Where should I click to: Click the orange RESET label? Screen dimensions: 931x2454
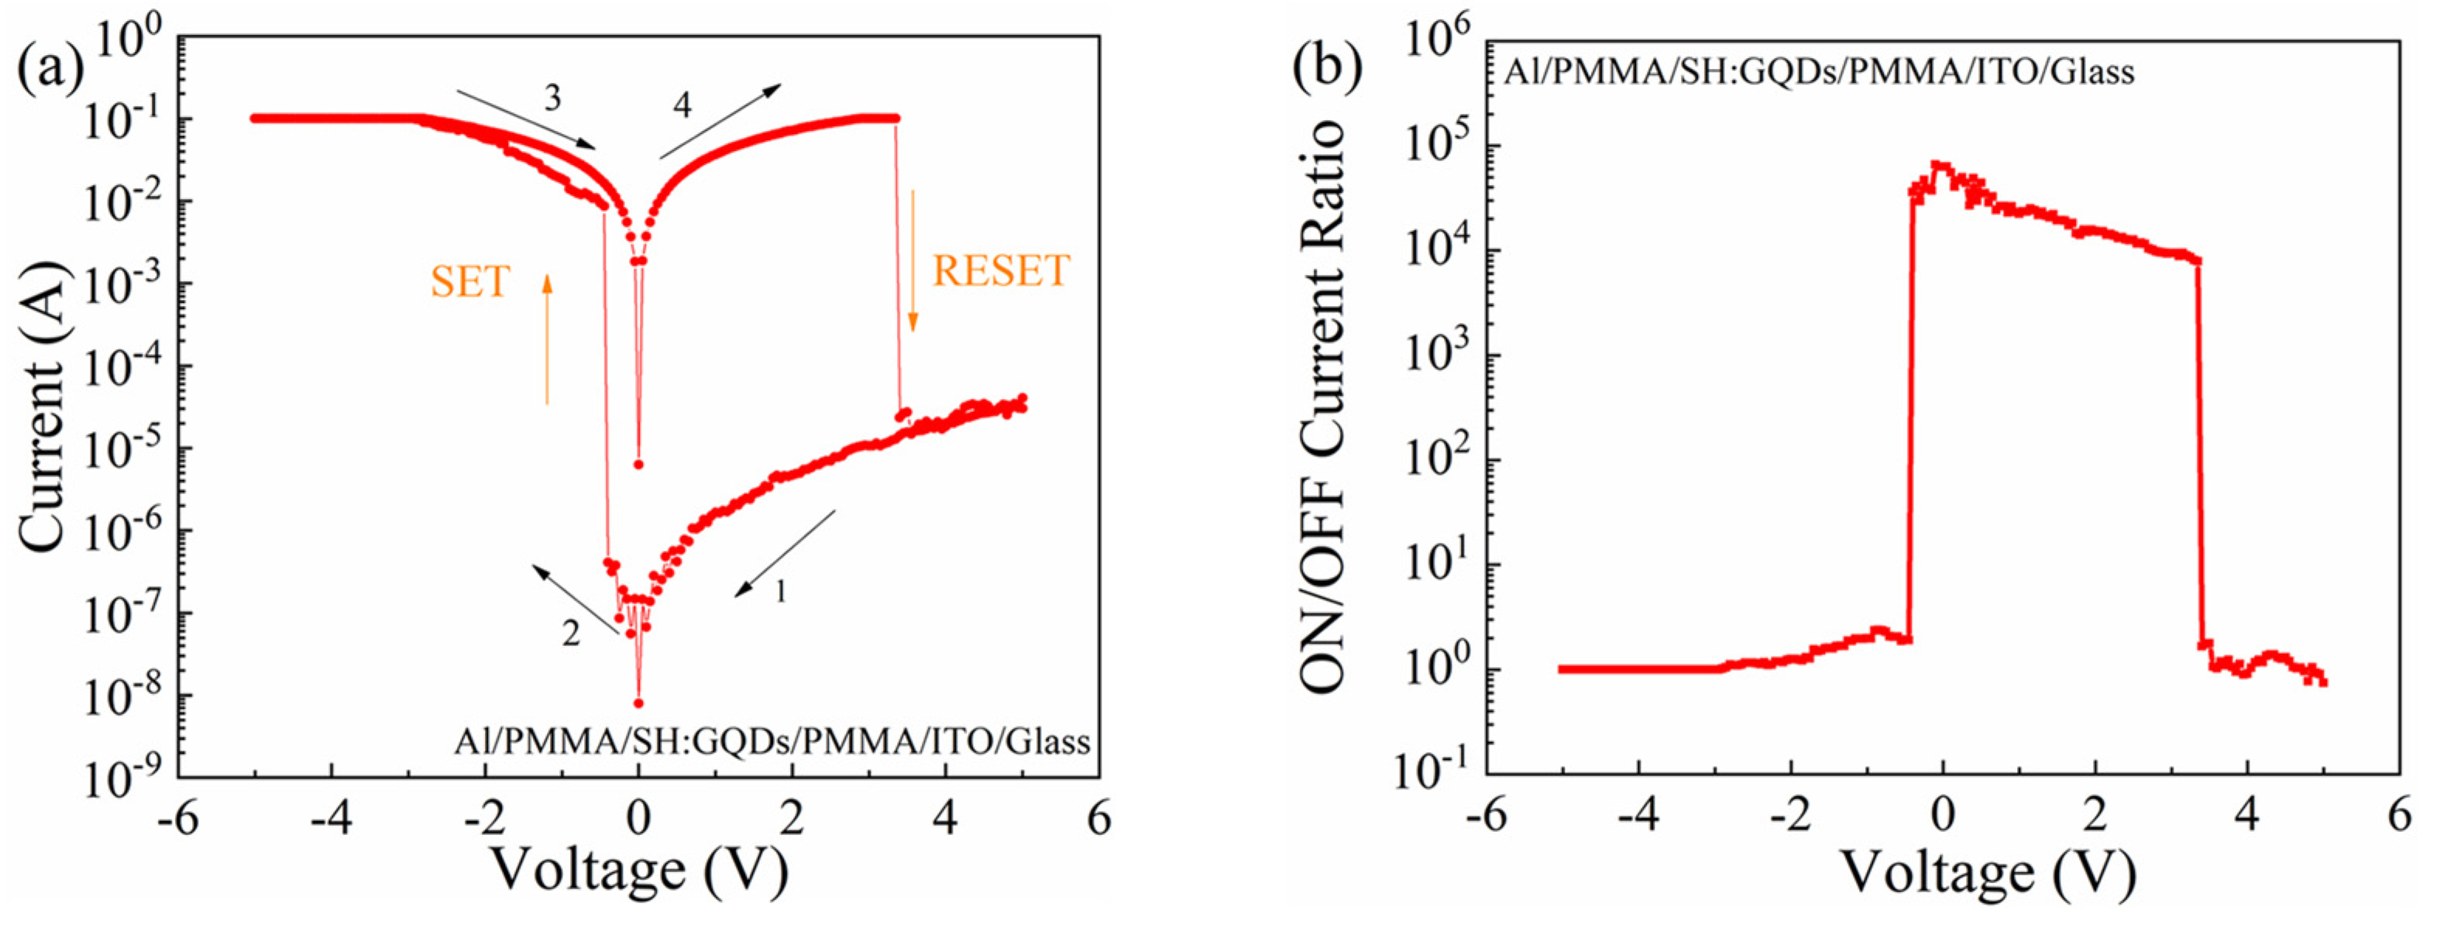click(1000, 272)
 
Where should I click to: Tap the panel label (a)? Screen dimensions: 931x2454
click(50, 69)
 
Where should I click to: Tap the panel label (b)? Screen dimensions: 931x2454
click(1327, 69)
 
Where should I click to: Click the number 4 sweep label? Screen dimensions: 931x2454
click(682, 105)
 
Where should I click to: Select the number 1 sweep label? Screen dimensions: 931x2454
click(780, 592)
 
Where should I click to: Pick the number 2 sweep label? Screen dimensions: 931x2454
click(571, 633)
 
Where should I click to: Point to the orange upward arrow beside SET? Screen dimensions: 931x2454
click(547, 338)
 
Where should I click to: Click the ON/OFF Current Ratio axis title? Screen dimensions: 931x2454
click(1323, 407)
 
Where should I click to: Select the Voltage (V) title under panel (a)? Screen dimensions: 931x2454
click(638, 869)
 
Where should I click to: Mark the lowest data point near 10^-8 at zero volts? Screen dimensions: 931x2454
click(638, 703)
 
